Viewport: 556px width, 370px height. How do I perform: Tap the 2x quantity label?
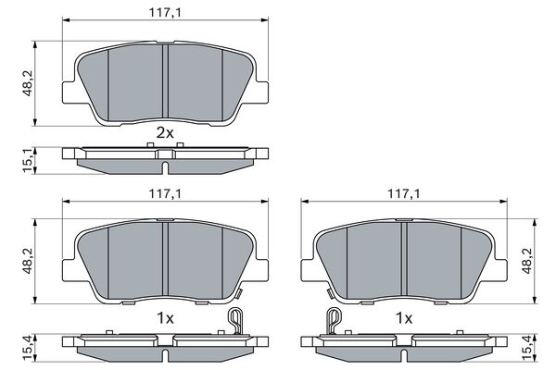click(x=164, y=133)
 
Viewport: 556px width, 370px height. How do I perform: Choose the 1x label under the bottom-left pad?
click(x=164, y=316)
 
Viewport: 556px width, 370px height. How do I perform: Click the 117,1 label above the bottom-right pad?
click(x=403, y=193)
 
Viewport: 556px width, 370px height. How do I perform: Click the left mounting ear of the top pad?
click(x=69, y=92)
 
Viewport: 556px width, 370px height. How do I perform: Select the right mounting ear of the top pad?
click(x=260, y=92)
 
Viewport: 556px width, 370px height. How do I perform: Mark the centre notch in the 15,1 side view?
click(x=164, y=166)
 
